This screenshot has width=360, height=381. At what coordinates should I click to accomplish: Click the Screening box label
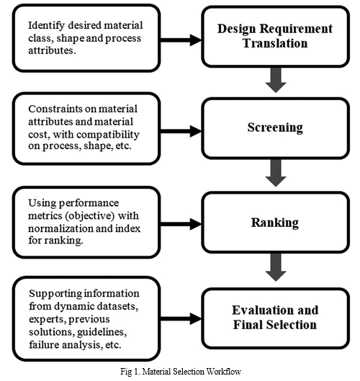tap(275, 127)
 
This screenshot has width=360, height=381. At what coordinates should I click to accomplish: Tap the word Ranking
tap(275, 223)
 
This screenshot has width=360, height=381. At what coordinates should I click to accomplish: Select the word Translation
tap(275, 43)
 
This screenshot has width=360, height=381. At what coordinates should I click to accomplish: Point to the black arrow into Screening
tap(181, 131)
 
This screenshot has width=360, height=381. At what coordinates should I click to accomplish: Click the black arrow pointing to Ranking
tap(181, 224)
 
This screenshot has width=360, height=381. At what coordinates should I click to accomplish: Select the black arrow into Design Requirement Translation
tap(181, 40)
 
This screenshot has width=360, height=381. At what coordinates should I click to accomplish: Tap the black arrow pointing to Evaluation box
tap(181, 318)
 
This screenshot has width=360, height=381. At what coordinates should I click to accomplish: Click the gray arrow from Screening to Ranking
tap(276, 173)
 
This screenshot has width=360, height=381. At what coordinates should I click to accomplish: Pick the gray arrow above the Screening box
tap(276, 80)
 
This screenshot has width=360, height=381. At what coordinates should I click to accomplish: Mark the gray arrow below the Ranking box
tap(276, 267)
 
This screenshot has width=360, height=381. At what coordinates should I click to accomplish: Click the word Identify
tap(46, 25)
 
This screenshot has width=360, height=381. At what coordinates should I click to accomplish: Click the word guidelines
tap(102, 333)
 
